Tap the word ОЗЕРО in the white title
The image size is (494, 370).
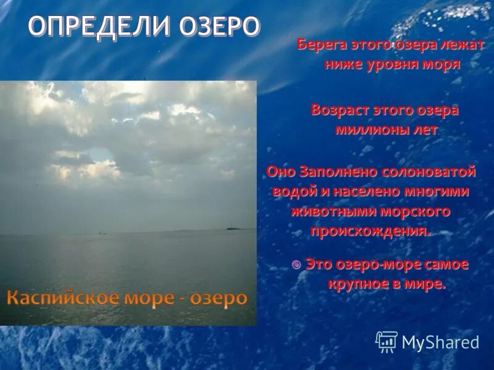click(x=219, y=28)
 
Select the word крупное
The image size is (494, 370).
click(x=360, y=284)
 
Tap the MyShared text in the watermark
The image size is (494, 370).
click(x=440, y=342)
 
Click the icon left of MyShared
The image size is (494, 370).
click(x=387, y=341)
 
